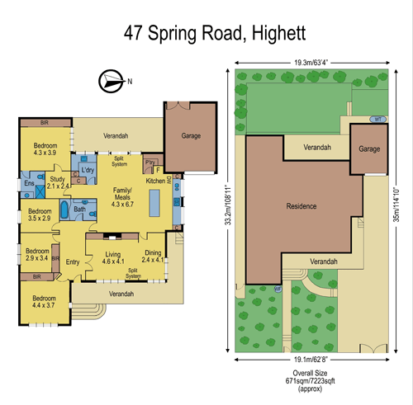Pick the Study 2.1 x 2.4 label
pyautogui.click(x=57, y=182)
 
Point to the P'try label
pyautogui.click(x=150, y=163)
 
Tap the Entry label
pyautogui.click(x=73, y=262)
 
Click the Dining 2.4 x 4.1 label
pyautogui.click(x=153, y=257)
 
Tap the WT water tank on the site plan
pyautogui.click(x=377, y=119)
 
